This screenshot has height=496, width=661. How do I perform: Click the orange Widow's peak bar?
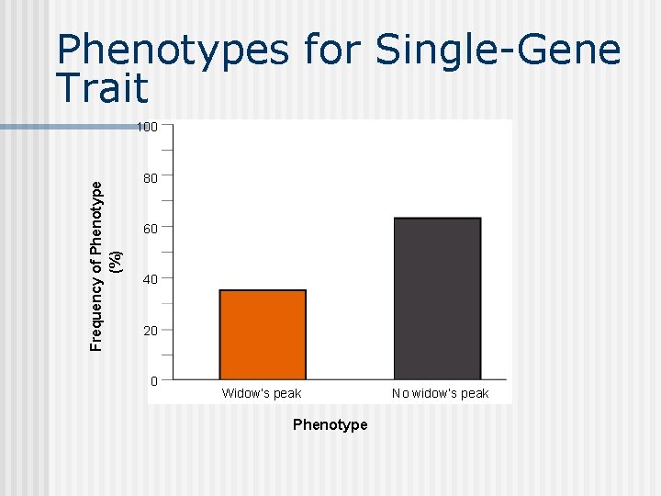click(x=263, y=335)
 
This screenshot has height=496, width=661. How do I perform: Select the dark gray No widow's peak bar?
click(x=437, y=299)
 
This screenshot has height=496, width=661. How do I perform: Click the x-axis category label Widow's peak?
click(x=262, y=393)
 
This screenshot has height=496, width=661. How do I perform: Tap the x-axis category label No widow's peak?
click(x=440, y=393)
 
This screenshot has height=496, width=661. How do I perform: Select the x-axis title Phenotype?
click(x=330, y=424)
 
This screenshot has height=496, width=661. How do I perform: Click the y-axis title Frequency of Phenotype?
click(x=97, y=265)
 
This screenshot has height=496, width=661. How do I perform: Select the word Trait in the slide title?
click(x=102, y=87)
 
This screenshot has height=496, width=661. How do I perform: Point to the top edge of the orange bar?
click(x=263, y=291)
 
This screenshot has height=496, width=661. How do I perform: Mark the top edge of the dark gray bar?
click(x=437, y=219)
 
